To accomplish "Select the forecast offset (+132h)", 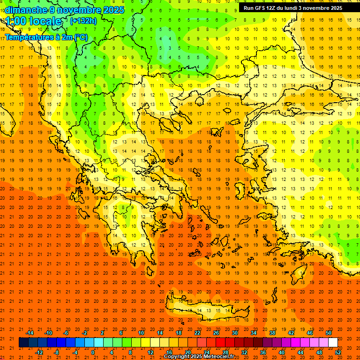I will click(83, 21).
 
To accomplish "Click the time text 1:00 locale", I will click(33, 21).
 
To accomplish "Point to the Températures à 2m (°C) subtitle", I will click(46, 37).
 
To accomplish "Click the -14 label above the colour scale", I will click(29, 333).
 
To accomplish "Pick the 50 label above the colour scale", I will click(329, 333).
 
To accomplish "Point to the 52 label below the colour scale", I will click(338, 352).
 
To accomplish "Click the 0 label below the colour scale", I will click(92, 352).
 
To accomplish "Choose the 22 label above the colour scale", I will click(197, 333).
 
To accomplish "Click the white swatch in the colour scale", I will click(333, 343).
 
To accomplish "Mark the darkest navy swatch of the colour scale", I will click(23, 343).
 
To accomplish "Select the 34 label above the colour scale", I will click(254, 333).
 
